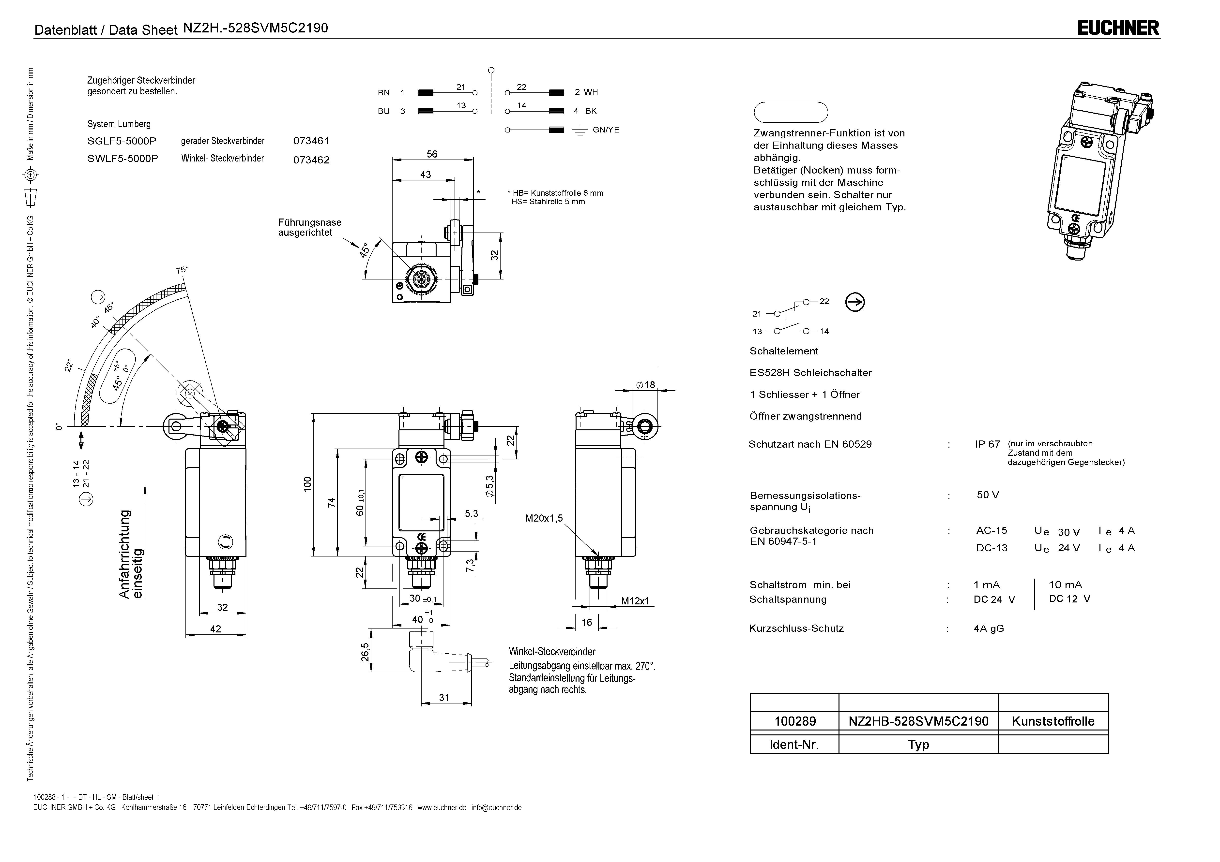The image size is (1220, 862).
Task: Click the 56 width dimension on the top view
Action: tap(432, 154)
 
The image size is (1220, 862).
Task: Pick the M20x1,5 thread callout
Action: tap(544, 518)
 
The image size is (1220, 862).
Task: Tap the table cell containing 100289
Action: tap(795, 721)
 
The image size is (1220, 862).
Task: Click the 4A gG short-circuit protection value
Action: tap(988, 628)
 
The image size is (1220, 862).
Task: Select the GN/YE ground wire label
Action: tap(606, 130)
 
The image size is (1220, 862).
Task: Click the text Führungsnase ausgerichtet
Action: tap(309, 227)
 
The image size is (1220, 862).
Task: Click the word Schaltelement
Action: tap(784, 351)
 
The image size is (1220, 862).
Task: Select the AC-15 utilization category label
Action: tap(991, 530)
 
